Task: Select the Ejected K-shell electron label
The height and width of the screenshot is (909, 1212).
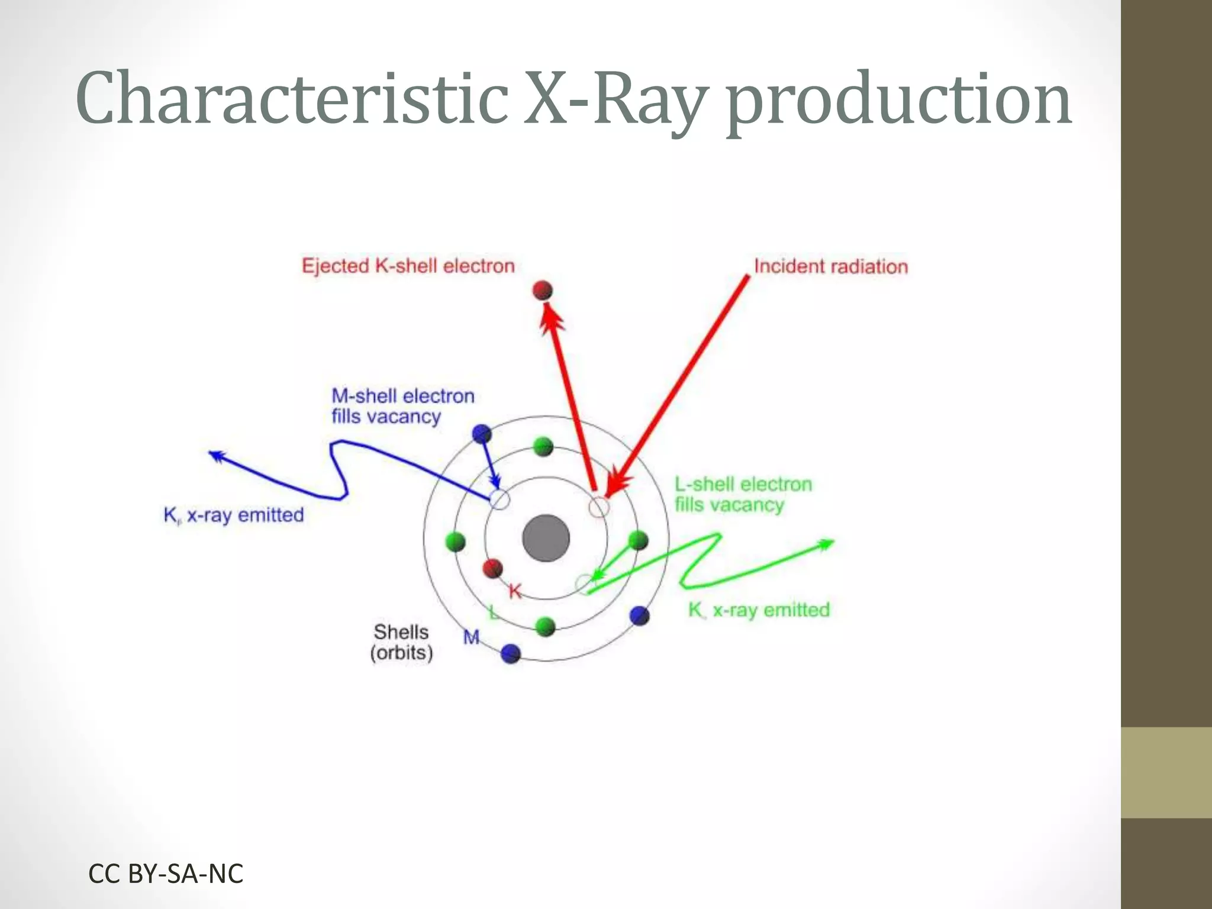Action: [408, 266]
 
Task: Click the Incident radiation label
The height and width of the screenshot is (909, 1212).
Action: [830, 266]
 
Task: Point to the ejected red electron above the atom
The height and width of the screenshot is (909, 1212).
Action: [542, 291]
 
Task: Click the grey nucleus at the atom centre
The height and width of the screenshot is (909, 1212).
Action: [546, 538]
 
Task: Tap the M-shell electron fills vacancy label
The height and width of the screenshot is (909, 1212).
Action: [402, 406]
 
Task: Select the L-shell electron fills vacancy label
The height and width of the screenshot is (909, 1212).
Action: [743, 494]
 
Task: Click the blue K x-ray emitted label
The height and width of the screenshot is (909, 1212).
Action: [233, 515]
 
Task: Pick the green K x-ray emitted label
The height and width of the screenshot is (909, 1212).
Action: [759, 610]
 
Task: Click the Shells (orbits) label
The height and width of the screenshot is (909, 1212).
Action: [401, 642]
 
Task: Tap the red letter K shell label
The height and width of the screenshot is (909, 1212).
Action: [515, 591]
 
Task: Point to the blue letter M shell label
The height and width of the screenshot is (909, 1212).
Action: [471, 637]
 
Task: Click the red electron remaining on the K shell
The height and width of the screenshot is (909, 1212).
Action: [492, 569]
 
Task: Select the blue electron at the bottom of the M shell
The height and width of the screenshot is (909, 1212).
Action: [510, 653]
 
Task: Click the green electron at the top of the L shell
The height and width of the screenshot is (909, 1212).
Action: [543, 447]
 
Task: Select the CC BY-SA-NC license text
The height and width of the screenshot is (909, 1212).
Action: [166, 873]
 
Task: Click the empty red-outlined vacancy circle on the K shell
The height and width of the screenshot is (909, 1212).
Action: [599, 507]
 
